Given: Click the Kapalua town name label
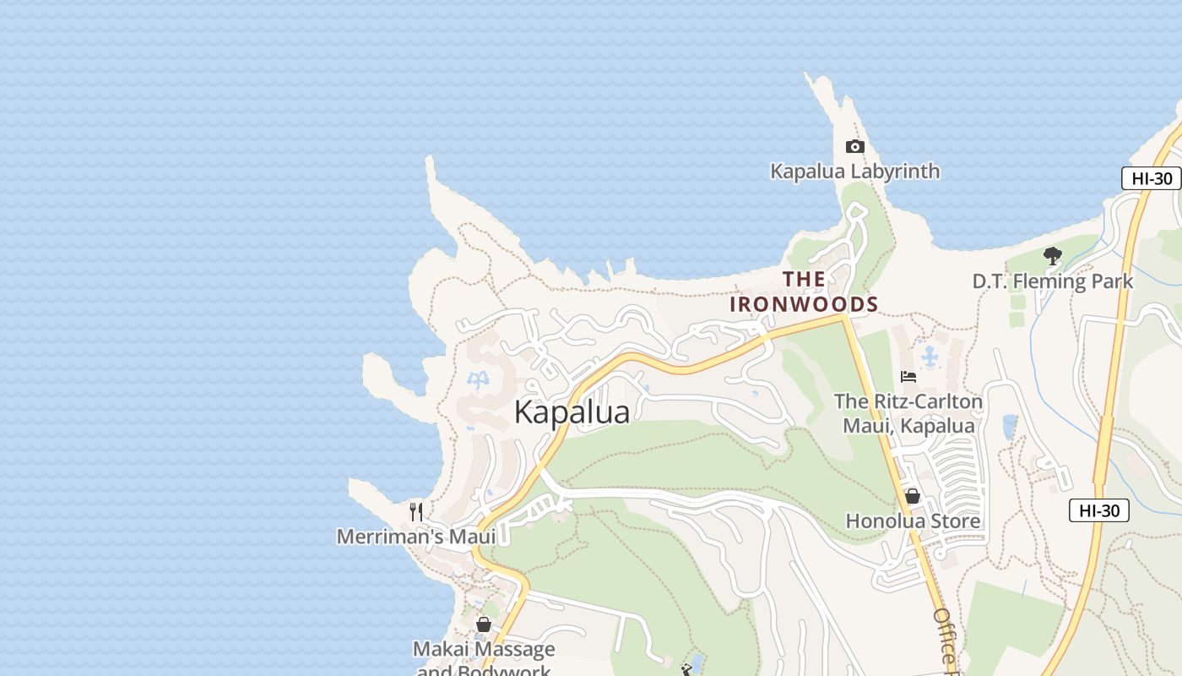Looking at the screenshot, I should coord(572,412).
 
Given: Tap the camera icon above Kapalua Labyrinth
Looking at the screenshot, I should coord(854,147).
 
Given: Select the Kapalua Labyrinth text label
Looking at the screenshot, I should coord(854,172).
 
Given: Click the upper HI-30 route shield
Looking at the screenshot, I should coord(1152,178).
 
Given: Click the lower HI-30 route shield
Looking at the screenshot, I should coord(1098,510).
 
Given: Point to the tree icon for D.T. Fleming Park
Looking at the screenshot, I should coord(1052,255).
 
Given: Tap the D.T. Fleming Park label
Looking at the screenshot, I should coord(1052,281).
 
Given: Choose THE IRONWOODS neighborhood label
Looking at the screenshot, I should coord(804,292).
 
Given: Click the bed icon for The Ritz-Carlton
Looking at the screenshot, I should coord(908,377).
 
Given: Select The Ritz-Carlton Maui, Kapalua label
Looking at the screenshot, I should coord(908,413).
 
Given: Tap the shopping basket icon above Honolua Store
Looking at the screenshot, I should coord(912,496).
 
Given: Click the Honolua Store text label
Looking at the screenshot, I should coord(913,521).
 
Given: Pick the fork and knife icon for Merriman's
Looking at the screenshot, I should coord(415,511).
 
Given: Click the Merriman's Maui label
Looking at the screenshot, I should coord(416,537).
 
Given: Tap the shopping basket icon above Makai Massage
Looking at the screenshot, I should coord(484,624).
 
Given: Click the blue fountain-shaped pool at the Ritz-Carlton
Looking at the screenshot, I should coord(930,357).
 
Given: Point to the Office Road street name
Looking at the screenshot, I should coord(946,642).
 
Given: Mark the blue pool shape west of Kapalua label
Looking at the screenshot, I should coord(478,380).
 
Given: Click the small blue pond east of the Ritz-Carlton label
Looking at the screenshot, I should coord(1010,427).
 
